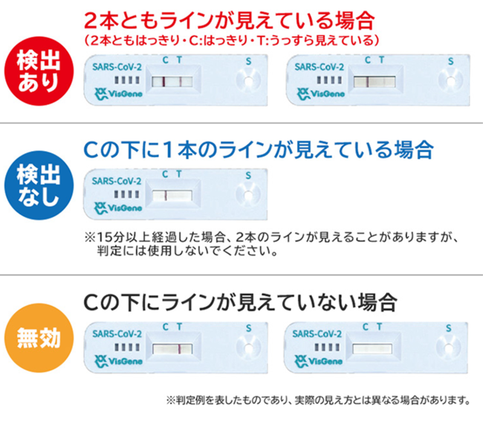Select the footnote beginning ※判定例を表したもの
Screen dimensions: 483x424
click(319, 400)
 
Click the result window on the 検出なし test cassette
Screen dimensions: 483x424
click(172, 196)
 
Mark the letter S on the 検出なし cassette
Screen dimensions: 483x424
click(248, 176)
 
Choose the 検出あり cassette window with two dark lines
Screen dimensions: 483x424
click(172, 80)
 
